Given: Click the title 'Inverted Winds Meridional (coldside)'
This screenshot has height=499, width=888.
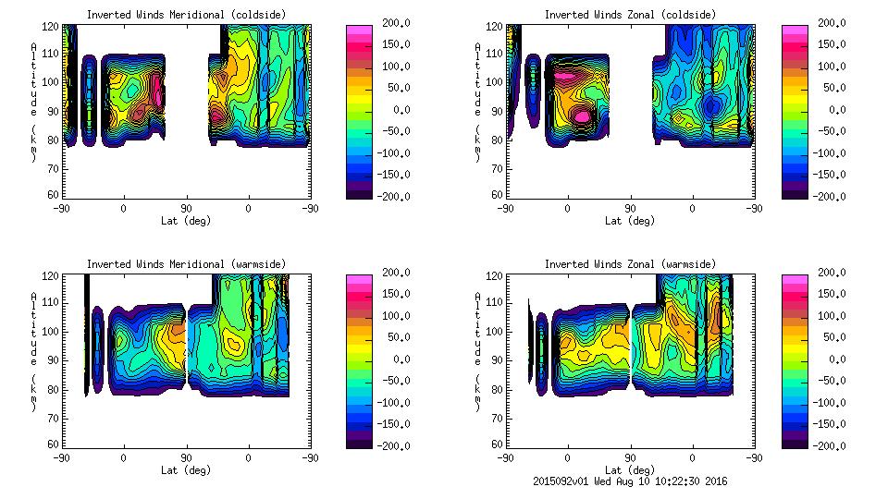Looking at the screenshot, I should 186,15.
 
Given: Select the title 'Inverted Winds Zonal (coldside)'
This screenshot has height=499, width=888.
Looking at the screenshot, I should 630,15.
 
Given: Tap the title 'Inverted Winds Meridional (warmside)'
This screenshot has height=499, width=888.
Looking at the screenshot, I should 186,264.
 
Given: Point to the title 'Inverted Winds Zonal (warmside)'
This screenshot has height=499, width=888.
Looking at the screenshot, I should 630,264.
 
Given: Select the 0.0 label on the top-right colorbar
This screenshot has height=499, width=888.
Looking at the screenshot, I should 830,109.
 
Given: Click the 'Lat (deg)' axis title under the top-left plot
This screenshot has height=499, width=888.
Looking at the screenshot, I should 186,221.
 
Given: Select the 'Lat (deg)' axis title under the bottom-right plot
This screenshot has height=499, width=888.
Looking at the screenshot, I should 630,470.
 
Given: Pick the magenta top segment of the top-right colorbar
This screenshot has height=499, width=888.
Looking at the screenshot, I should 795,30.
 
